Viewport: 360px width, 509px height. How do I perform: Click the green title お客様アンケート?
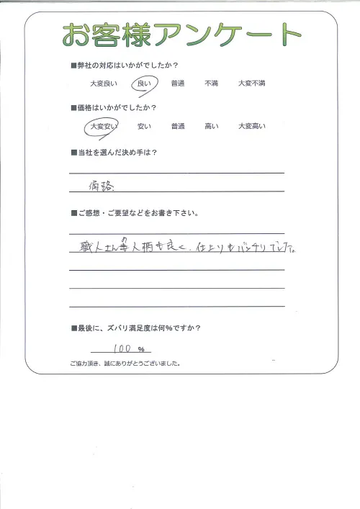[x=180, y=34]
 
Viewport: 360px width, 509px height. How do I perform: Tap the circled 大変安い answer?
[x=102, y=127]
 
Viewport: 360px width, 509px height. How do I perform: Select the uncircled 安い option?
[x=143, y=127]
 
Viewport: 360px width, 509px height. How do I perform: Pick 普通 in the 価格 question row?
[x=178, y=127]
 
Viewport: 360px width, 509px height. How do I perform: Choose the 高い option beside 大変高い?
[x=211, y=127]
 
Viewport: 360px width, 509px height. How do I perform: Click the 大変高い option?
[x=252, y=127]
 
